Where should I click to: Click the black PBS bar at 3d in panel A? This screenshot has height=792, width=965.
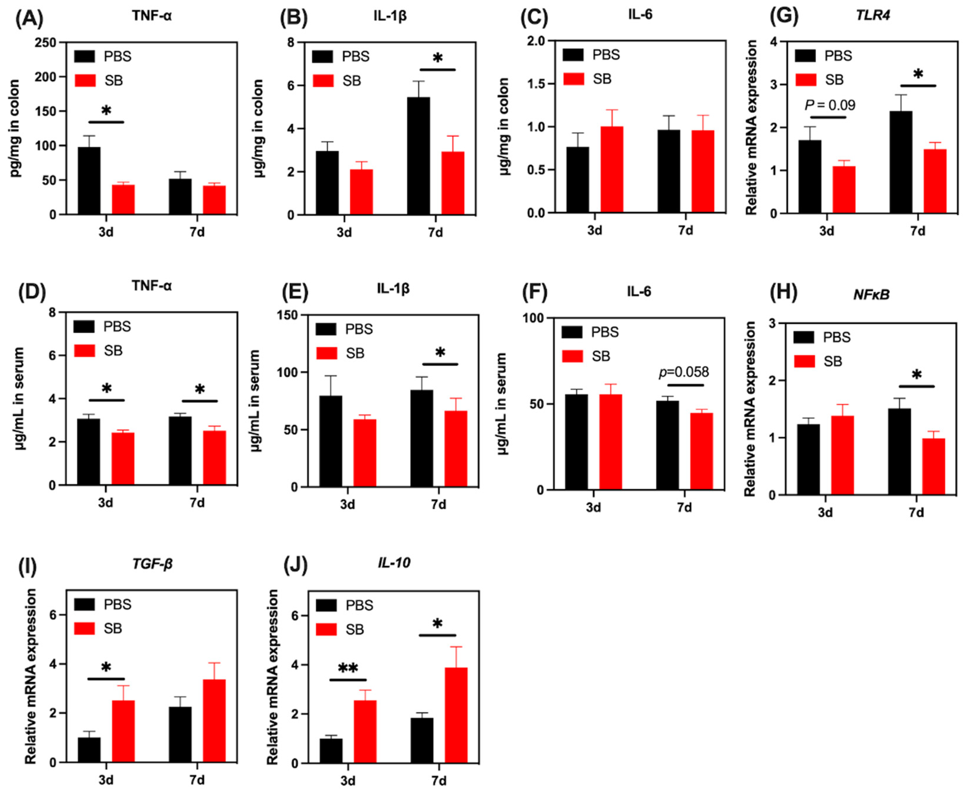[x=89, y=181]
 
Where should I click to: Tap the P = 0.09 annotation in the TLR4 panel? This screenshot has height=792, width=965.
[x=830, y=106]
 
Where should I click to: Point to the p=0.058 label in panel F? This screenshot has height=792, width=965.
[x=684, y=372]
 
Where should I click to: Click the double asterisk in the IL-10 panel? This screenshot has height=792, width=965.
[x=348, y=668]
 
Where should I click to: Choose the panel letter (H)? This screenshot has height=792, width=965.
[x=783, y=293]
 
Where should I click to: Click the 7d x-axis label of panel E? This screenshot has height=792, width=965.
[x=438, y=504]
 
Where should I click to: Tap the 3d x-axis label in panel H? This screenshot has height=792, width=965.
[x=825, y=513]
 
